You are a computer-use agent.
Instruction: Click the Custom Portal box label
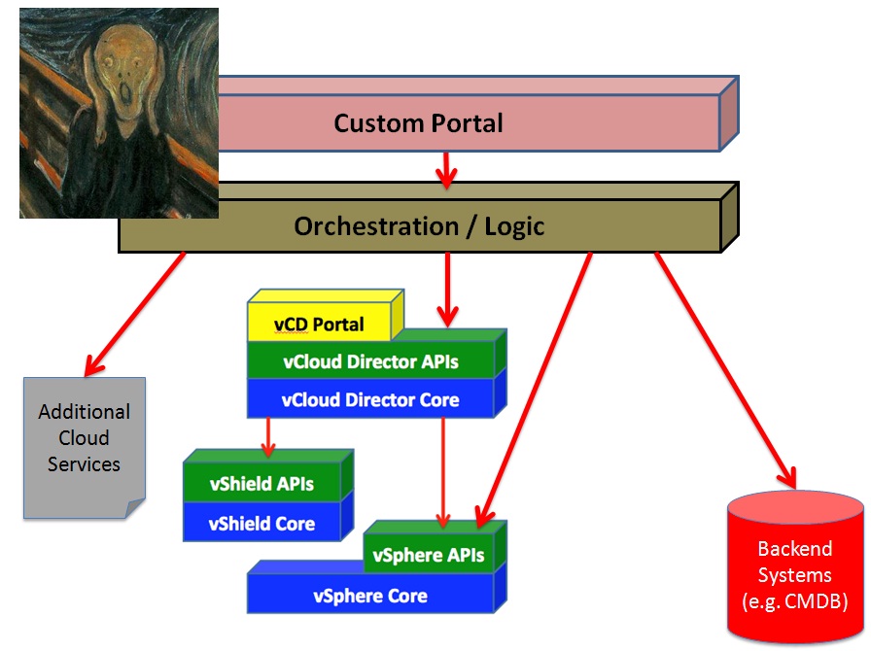pos(418,122)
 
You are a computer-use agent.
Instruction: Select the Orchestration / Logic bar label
pos(419,226)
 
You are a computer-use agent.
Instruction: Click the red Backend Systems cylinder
pos(795,567)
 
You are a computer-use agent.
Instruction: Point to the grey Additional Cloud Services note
pos(85,448)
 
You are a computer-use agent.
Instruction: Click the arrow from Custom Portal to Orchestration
pos(446,169)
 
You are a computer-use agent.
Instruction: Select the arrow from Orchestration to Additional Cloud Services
pos(135,314)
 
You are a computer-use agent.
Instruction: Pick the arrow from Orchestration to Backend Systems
pos(726,370)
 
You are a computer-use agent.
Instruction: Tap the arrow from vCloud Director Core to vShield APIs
pos(268,437)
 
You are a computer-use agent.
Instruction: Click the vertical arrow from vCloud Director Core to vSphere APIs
pos(442,472)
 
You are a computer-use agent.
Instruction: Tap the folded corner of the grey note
pos(135,508)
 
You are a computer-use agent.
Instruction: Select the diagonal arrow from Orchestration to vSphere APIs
pos(535,390)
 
